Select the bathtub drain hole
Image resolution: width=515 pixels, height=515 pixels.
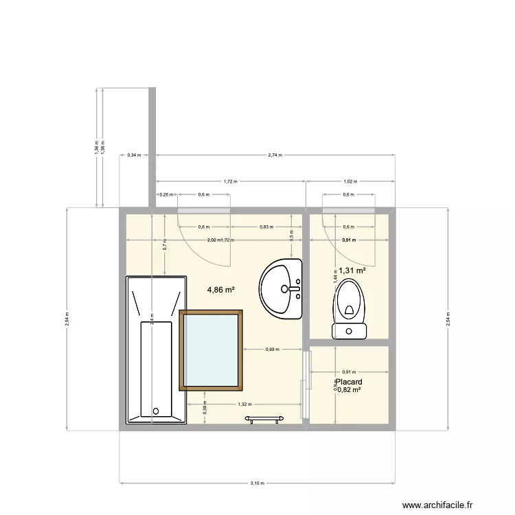(x=156, y=411)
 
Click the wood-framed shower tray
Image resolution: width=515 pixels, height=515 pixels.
(x=211, y=350)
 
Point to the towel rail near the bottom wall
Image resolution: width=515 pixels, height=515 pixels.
(x=266, y=417)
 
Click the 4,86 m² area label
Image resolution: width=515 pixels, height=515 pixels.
(x=221, y=290)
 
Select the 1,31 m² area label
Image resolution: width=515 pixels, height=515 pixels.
(x=352, y=271)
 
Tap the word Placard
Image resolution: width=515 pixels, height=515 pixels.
(x=349, y=382)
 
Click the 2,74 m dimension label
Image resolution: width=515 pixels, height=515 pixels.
(x=275, y=155)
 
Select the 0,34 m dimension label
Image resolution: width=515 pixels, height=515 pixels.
(x=134, y=155)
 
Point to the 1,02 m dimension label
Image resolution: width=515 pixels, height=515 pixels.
(x=350, y=182)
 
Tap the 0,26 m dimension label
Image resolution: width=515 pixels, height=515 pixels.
(x=165, y=194)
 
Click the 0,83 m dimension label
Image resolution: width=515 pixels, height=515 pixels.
(x=266, y=227)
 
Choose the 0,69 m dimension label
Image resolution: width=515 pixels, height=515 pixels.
(x=272, y=350)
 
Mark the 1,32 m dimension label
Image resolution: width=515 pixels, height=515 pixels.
(x=244, y=404)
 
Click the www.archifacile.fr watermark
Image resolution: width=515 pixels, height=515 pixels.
(x=437, y=505)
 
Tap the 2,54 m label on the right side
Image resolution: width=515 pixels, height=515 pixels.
(x=448, y=319)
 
